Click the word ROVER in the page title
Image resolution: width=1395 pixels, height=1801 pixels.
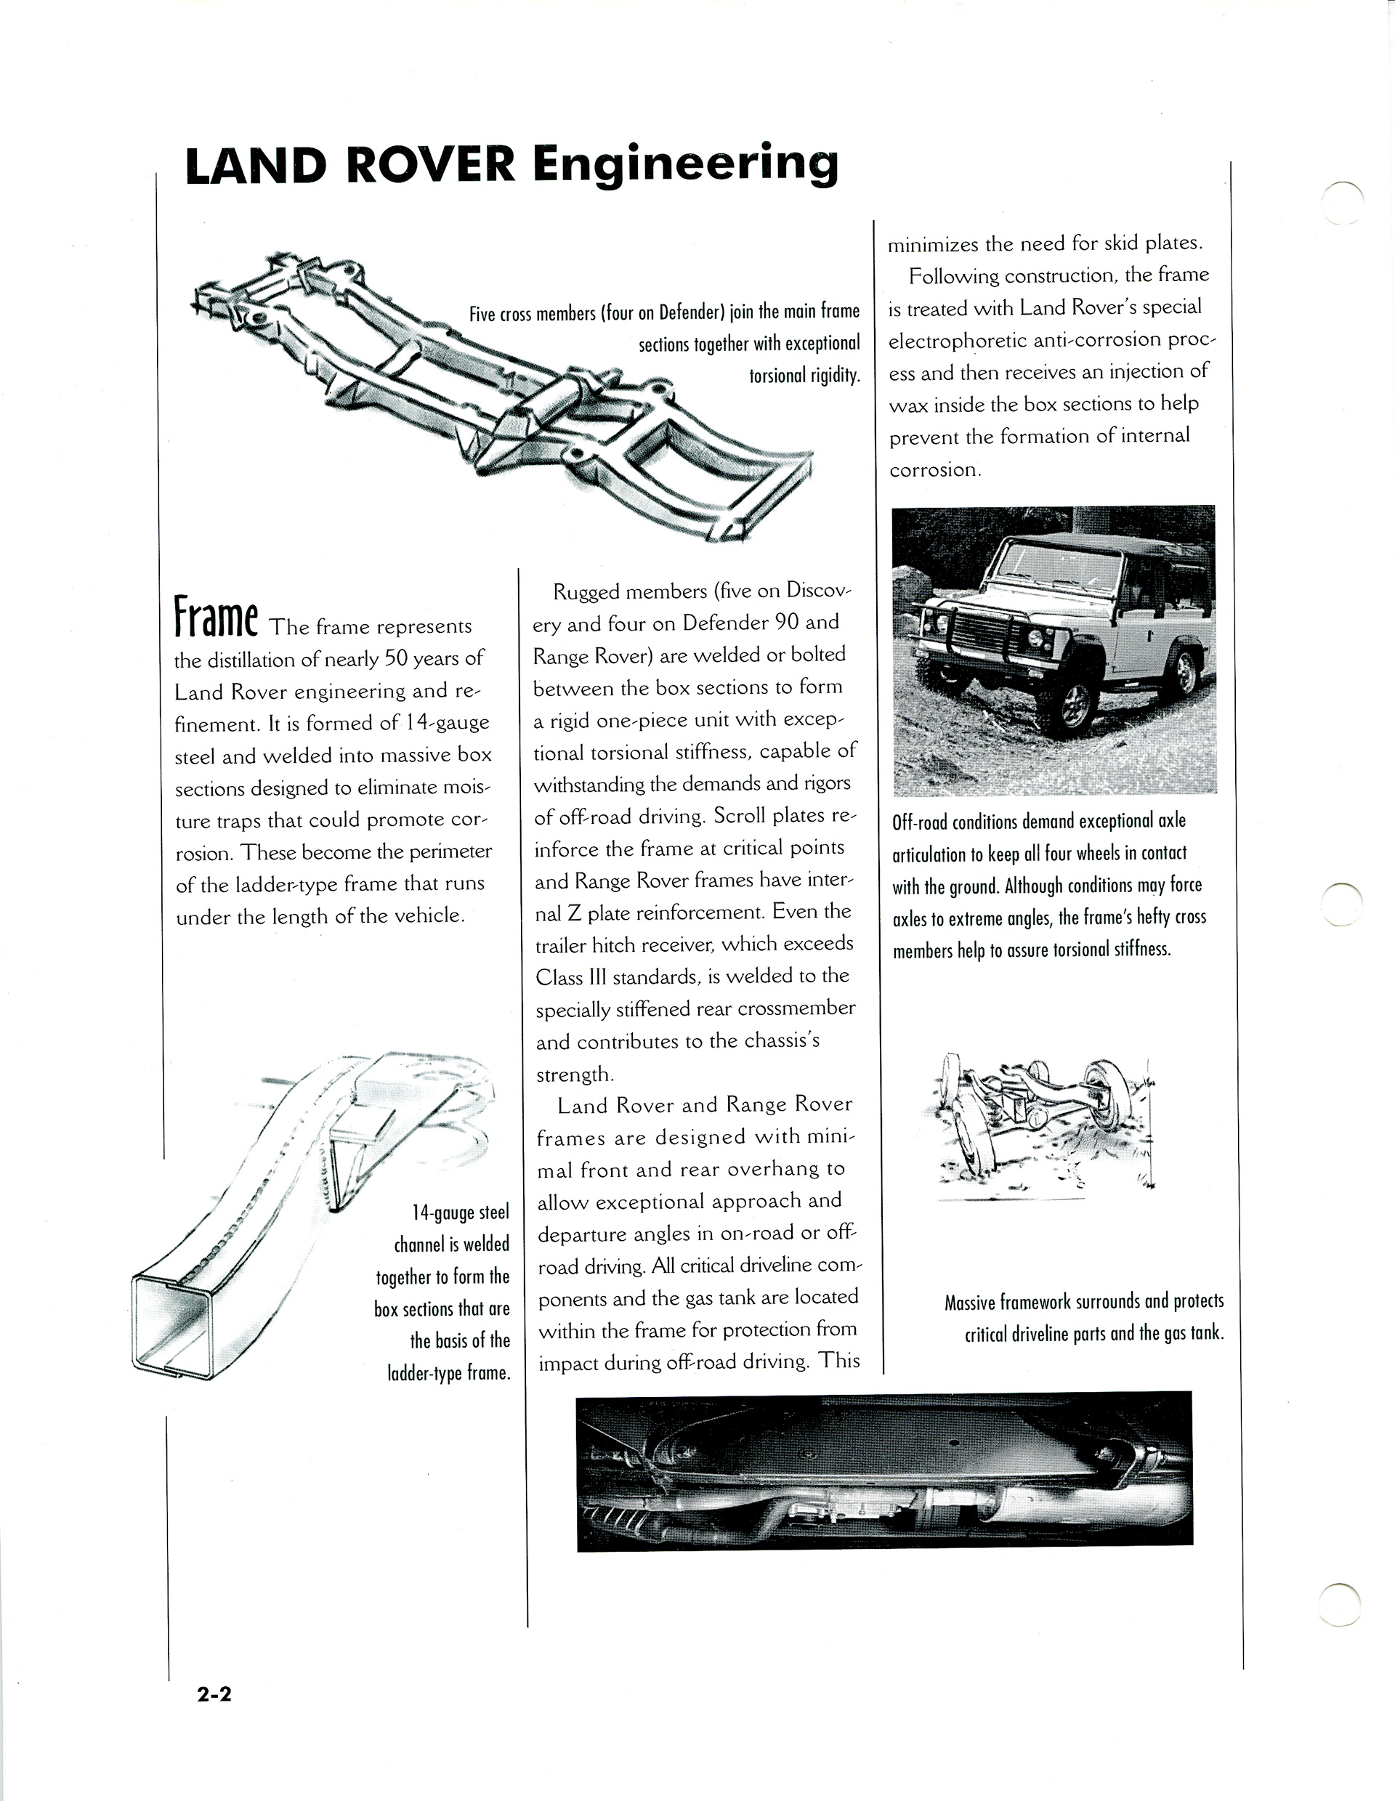429,164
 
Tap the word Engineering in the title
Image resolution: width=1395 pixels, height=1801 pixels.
685,164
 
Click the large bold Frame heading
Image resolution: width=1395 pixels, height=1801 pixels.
216,619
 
